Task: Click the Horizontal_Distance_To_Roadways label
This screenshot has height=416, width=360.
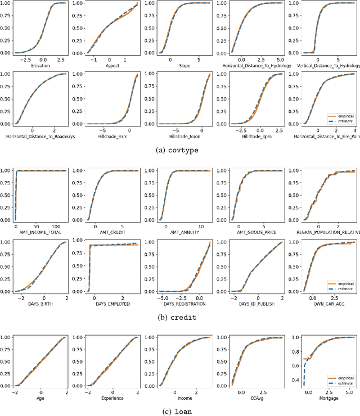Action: point(40,135)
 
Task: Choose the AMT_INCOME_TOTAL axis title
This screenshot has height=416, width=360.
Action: point(41,232)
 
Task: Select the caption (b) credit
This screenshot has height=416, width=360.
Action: point(179,318)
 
